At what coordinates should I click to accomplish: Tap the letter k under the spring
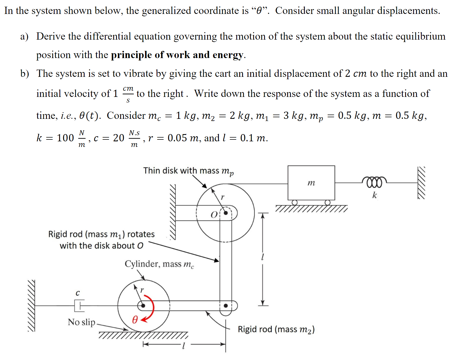tap(375, 195)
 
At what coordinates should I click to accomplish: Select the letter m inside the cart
tap(311, 183)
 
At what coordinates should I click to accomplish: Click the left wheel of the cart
tap(295, 202)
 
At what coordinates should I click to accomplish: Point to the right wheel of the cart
tap(328, 202)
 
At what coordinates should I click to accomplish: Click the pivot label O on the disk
tap(214, 215)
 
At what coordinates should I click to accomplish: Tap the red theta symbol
tap(135, 319)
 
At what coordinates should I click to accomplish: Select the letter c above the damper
tap(78, 293)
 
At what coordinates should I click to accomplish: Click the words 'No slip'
tap(81, 322)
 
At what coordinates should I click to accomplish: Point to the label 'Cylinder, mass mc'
tap(159, 264)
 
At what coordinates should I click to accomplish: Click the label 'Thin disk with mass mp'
tap(188, 171)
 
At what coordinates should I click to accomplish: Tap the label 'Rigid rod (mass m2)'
tap(276, 329)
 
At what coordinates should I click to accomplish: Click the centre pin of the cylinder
tap(143, 305)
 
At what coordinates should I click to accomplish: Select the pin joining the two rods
tap(226, 305)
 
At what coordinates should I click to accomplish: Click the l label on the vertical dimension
tap(263, 257)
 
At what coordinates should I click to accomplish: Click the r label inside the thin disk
tap(222, 197)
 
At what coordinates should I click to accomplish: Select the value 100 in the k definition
tap(65, 138)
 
